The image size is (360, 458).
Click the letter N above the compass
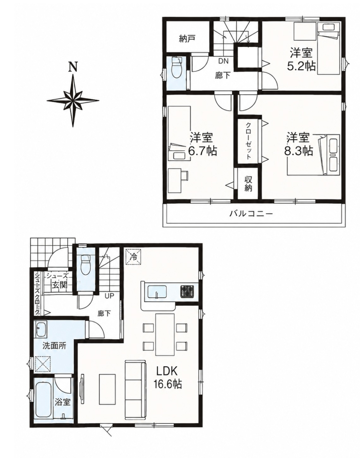pos(73,67)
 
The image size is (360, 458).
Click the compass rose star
pos(73,100)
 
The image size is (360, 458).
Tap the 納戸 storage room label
pos(187,39)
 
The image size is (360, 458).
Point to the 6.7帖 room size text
pos(202,151)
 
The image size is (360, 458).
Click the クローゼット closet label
pos(248,141)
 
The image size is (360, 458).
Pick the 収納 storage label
pos(248,184)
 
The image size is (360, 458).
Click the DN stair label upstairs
pos(223,61)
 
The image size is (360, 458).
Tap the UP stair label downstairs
pos(110,296)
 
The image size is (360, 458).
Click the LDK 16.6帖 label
pos(168,377)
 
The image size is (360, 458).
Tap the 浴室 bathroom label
pos(63,402)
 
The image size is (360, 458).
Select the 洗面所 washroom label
pos(54,346)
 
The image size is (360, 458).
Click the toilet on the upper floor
pos(177,68)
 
